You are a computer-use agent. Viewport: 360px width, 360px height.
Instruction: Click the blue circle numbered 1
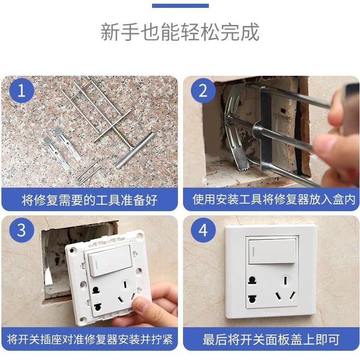point(22,91)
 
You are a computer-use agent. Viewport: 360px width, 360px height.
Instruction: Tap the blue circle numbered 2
point(203,91)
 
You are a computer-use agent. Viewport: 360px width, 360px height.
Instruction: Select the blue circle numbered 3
point(22,230)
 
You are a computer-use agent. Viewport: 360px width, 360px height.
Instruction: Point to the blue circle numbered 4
point(203,230)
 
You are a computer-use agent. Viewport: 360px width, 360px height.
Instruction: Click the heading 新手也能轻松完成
point(180,32)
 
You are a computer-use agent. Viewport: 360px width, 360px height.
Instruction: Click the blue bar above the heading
point(180,6)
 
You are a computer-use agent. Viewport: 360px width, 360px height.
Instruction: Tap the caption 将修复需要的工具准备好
point(90,200)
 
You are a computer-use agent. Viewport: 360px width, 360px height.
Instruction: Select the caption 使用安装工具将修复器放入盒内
point(274,199)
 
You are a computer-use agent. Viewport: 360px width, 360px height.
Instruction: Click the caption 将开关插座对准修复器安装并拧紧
point(90,339)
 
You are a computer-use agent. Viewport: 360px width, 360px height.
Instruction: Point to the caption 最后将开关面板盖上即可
point(271,339)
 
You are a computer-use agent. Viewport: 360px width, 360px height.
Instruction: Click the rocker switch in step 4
point(272,251)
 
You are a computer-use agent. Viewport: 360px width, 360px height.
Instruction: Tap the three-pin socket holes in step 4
point(285,289)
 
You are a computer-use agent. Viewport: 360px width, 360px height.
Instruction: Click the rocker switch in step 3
point(110,260)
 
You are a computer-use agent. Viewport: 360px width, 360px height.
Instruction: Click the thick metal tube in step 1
point(134,150)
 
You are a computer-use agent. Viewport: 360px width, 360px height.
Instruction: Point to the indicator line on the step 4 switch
point(253,252)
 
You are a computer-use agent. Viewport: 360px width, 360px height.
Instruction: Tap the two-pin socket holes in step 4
point(252,289)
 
